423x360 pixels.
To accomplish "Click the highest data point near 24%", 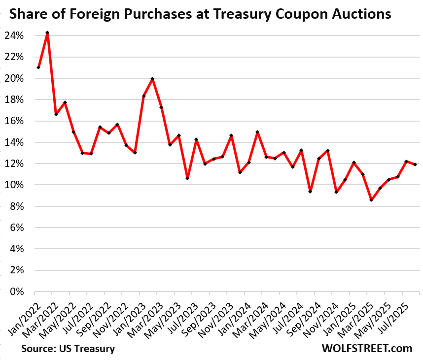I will (x=47, y=33).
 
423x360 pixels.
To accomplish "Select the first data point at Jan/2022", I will (x=38, y=67).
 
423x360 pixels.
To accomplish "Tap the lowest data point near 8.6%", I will (x=371, y=200).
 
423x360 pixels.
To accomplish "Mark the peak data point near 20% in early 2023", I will (x=152, y=79).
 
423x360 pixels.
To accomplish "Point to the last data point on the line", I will (x=415, y=164).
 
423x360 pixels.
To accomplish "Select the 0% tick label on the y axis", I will (x=22, y=292).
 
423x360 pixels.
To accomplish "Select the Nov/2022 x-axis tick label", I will (x=112, y=320).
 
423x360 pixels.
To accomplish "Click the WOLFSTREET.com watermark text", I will (x=367, y=348).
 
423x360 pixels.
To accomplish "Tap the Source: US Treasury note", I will (x=68, y=349).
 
